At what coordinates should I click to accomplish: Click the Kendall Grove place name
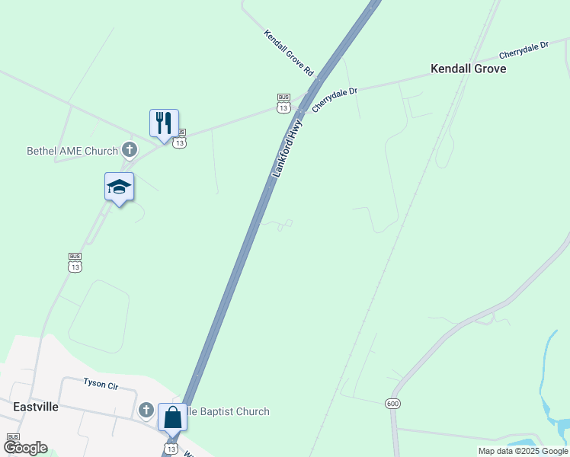[468, 69]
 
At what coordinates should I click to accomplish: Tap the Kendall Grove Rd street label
[289, 52]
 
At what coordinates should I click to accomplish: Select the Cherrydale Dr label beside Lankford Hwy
[335, 100]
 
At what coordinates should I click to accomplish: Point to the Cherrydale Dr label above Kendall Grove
[524, 51]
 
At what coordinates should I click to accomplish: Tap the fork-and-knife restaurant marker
[164, 123]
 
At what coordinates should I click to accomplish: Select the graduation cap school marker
[119, 187]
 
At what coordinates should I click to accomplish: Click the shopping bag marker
[172, 417]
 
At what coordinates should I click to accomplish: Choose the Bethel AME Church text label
[72, 151]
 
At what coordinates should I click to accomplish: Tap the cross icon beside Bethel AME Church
[130, 150]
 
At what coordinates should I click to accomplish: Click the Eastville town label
[36, 407]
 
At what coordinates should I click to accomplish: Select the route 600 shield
[392, 403]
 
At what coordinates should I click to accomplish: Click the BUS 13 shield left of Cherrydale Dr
[283, 104]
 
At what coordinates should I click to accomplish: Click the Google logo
[25, 448]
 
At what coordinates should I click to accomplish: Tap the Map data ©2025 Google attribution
[523, 451]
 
